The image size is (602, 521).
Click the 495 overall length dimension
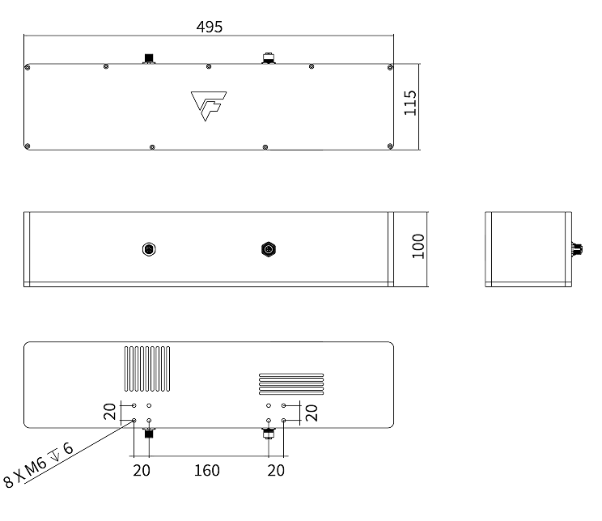210,27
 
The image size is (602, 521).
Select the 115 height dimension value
410,104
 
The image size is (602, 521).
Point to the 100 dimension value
418,246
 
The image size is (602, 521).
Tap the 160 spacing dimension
207,470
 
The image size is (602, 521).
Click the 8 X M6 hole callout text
39,465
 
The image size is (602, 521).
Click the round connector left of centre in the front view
148,248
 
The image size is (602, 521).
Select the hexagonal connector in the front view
268,248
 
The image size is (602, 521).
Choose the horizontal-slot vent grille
290,383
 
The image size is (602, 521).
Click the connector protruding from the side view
577,248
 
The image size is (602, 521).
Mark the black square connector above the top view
148,57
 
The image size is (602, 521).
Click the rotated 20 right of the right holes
311,412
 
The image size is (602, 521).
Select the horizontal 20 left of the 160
142,470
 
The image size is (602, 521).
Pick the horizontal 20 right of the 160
276,470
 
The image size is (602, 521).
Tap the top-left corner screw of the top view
28,67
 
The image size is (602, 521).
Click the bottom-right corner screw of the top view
390,146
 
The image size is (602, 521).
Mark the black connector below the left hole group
149,434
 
